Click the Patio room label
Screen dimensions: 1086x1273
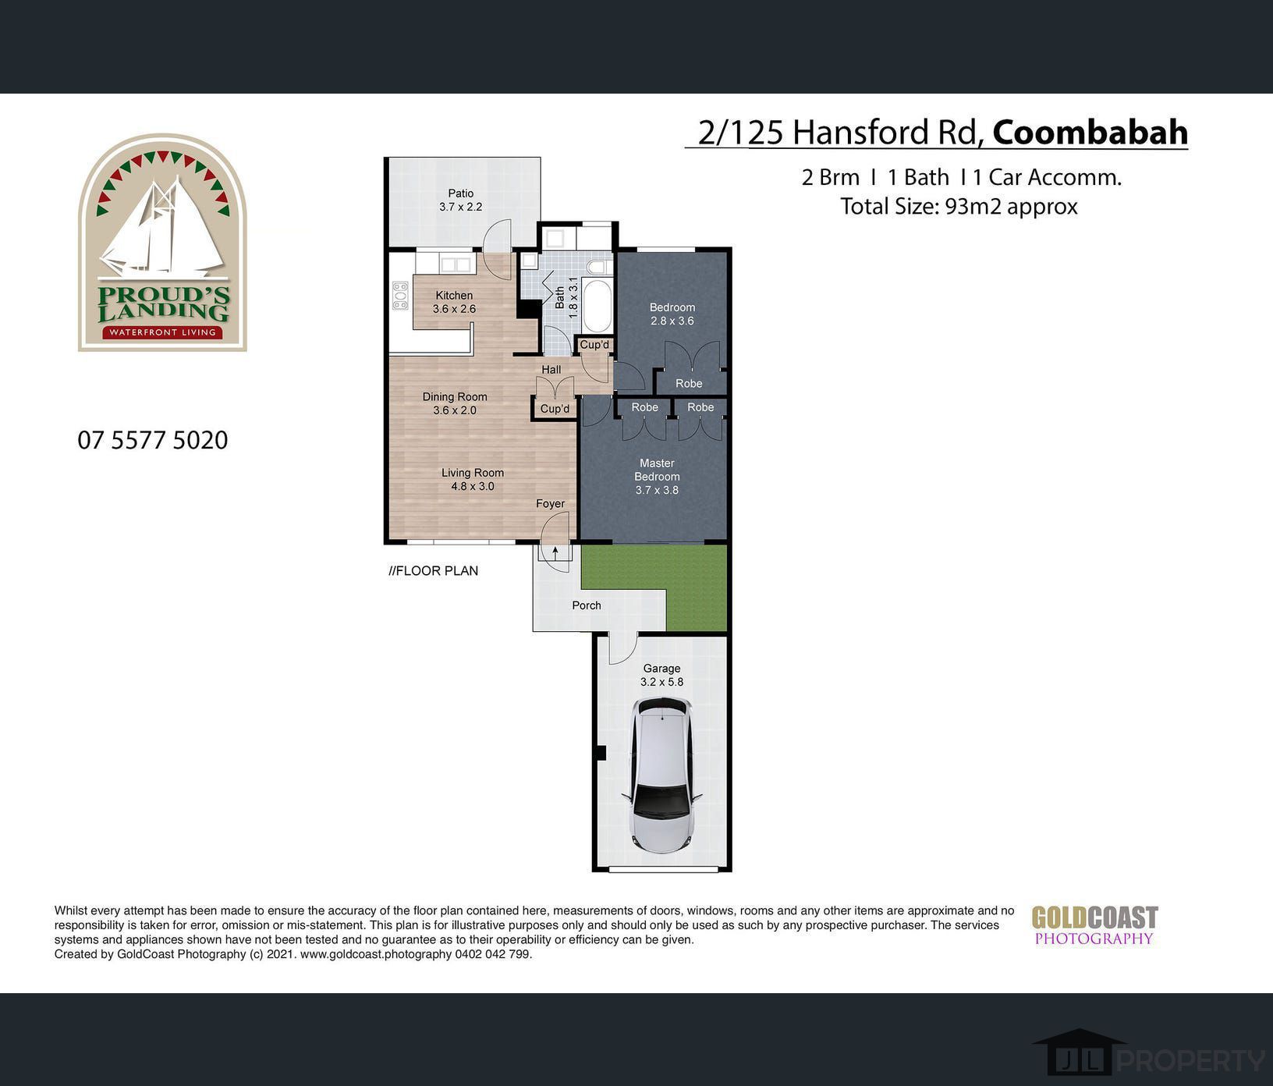pos(460,193)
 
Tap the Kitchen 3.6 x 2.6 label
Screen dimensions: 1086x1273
pos(454,302)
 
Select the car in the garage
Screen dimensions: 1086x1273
pos(661,775)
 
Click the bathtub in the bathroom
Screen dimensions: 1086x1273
pos(598,306)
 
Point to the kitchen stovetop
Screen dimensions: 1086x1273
pos(400,296)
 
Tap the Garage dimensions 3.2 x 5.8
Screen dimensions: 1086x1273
pos(661,682)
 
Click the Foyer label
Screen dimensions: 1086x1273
pos(550,504)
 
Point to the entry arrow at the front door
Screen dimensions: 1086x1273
pos(555,553)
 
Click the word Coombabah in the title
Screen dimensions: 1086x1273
pos(1090,132)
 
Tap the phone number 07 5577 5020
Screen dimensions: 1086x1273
pos(153,440)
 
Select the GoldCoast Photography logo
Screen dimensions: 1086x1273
pos(1094,926)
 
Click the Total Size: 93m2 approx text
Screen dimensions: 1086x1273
pos(959,207)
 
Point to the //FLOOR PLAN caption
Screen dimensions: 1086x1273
pos(434,571)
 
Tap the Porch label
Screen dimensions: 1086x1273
pos(587,605)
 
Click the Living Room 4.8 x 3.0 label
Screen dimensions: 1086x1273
pos(473,479)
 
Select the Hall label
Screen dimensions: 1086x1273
pos(551,370)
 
